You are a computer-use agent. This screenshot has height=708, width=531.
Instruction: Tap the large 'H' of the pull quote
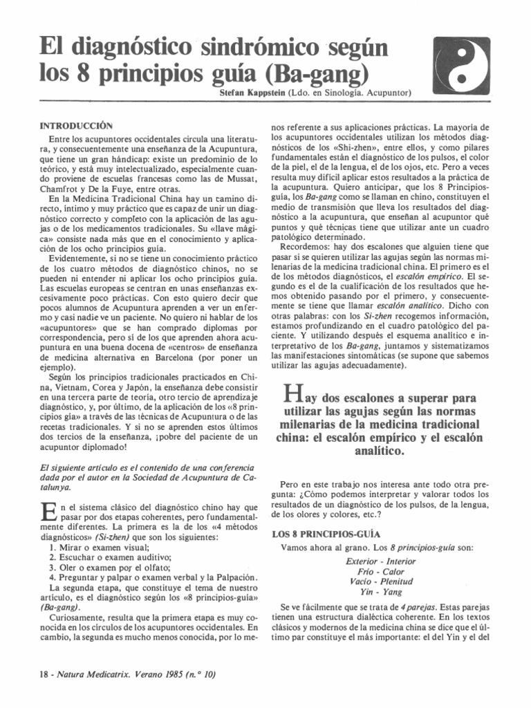point(292,396)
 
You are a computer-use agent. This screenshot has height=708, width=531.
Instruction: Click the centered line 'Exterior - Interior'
point(380,561)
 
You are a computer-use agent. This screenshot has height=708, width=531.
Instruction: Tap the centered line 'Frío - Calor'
point(380,572)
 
